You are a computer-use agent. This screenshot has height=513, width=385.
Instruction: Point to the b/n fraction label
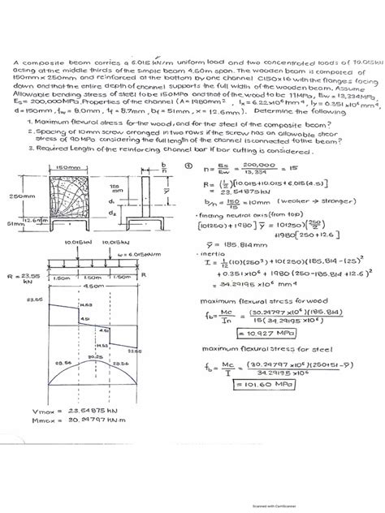point(163,168)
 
